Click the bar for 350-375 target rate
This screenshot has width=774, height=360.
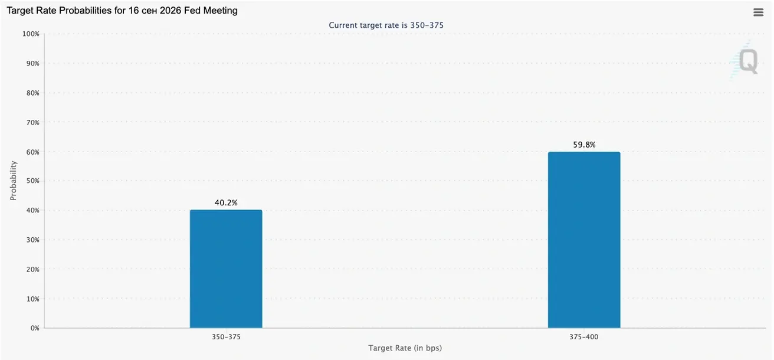click(x=226, y=269)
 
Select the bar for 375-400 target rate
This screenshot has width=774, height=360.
click(x=584, y=240)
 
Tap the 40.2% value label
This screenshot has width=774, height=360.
click(x=226, y=202)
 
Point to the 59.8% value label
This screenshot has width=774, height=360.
click(x=584, y=145)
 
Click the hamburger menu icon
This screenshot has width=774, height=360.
click(x=759, y=12)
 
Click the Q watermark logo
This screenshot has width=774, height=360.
click(x=746, y=61)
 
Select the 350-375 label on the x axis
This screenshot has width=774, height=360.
click(x=226, y=337)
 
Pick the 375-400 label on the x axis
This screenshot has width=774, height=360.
click(x=584, y=337)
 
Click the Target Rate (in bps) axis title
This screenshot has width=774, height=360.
click(x=405, y=348)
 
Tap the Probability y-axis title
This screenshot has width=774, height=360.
click(x=13, y=181)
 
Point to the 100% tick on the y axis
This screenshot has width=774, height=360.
click(x=31, y=34)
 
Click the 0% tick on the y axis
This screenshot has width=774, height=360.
click(x=35, y=328)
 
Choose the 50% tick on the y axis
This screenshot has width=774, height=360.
click(x=33, y=181)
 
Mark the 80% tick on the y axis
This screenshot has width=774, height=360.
click(x=33, y=93)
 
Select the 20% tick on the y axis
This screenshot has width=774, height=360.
click(x=33, y=269)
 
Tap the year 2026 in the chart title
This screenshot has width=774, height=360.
click(x=170, y=11)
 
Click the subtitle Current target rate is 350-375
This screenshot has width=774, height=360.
click(x=386, y=25)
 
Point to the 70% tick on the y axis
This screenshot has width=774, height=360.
click(x=33, y=122)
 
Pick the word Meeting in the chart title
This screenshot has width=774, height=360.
click(x=221, y=11)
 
